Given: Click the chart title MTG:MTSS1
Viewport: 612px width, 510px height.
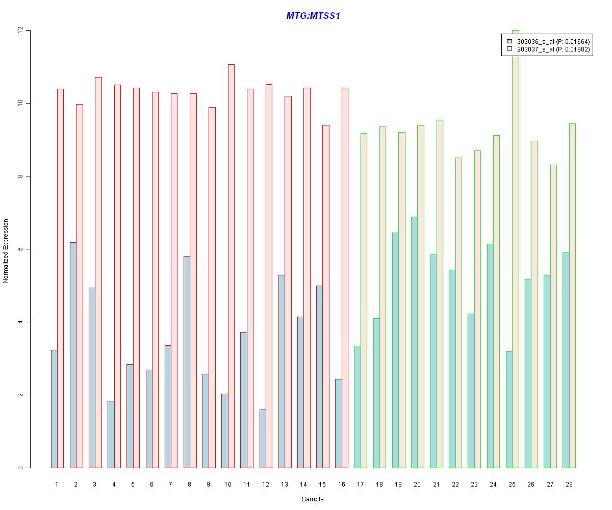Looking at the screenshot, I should [313, 16].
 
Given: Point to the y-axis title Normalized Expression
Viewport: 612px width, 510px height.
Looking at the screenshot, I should [6, 251].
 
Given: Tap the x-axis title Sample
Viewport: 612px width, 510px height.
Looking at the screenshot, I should [313, 499].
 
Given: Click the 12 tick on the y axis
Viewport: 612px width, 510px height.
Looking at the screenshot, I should [20, 31].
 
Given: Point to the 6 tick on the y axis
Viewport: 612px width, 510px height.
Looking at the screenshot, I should [20, 249].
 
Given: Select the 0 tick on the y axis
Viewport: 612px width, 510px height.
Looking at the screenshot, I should [20, 468].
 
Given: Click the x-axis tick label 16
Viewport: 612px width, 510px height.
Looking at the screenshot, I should [342, 484].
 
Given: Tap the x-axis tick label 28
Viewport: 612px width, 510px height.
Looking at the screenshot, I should [569, 484].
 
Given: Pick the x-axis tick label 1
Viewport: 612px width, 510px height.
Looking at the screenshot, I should [57, 484].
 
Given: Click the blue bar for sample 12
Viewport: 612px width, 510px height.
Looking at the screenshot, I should [263, 439].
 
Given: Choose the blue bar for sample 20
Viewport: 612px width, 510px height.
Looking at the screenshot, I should [414, 342].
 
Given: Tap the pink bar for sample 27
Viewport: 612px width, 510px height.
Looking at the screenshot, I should [553, 316].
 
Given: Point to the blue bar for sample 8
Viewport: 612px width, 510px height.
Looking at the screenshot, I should [187, 362].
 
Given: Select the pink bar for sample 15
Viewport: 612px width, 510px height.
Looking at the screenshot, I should [326, 296].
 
